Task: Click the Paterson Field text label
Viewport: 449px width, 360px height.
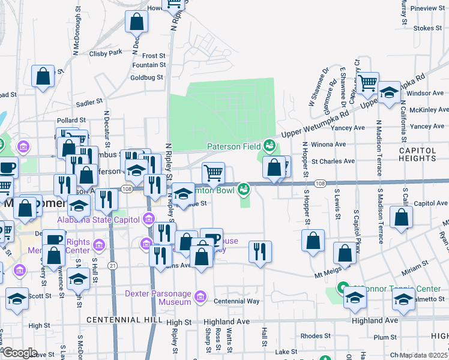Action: tap(234, 146)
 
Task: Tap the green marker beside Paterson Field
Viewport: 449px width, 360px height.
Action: tap(270, 145)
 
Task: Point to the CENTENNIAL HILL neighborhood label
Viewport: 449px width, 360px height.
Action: tap(124, 320)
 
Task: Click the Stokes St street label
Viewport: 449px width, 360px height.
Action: tap(427, 28)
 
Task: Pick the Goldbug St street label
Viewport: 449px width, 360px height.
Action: tap(146, 77)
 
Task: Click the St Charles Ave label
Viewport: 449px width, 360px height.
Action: tap(333, 161)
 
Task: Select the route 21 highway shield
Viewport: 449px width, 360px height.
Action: tap(112, 265)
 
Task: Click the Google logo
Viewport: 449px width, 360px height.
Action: tap(20, 353)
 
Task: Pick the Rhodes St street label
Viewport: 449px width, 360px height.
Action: tap(312, 335)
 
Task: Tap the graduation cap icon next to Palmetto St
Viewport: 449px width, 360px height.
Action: tap(403, 300)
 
